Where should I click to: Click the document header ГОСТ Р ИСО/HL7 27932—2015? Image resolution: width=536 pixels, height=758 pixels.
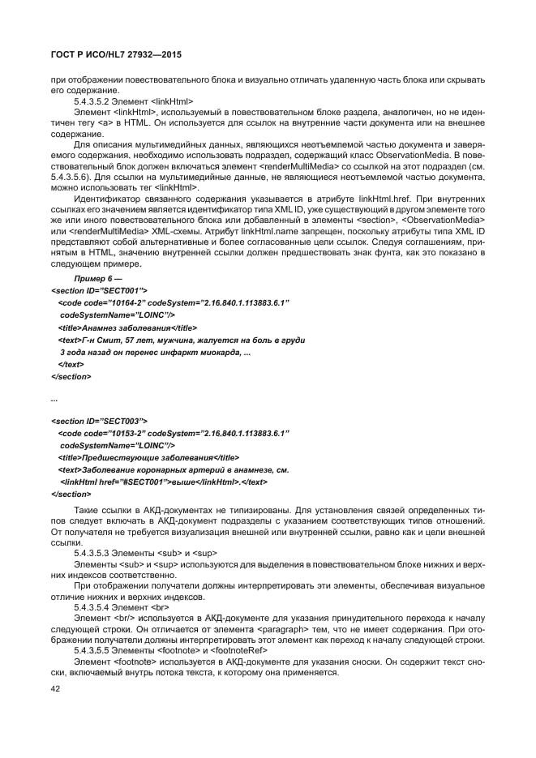(x=116, y=54)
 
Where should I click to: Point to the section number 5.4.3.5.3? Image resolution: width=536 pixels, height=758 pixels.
(x=94, y=552)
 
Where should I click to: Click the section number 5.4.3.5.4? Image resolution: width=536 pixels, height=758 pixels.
(x=94, y=606)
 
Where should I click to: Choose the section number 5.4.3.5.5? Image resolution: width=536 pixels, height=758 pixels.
(x=94, y=649)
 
